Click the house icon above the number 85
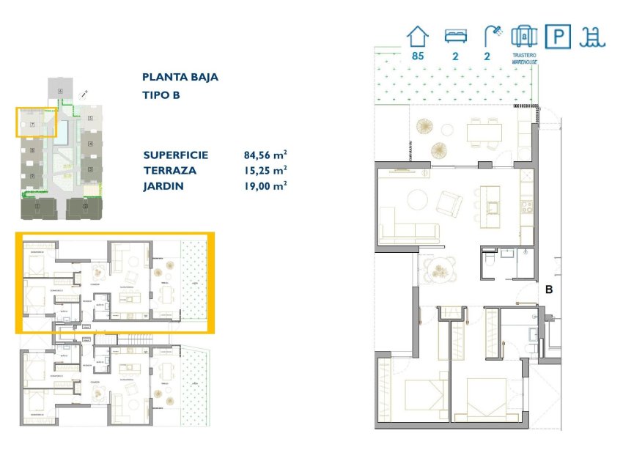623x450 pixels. (418, 36)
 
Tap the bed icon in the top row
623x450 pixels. (456, 36)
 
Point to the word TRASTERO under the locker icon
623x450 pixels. (524, 56)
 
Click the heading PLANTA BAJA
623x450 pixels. (180, 77)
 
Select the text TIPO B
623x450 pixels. (161, 95)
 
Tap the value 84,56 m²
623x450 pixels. (265, 155)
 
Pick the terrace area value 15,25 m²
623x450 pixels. (265, 171)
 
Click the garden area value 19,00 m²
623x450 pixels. (265, 186)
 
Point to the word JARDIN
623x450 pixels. (163, 186)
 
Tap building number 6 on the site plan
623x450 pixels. (60, 91)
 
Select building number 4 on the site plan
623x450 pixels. (90, 144)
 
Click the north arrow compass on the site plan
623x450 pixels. (84, 95)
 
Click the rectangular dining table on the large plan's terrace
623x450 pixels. (484, 131)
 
